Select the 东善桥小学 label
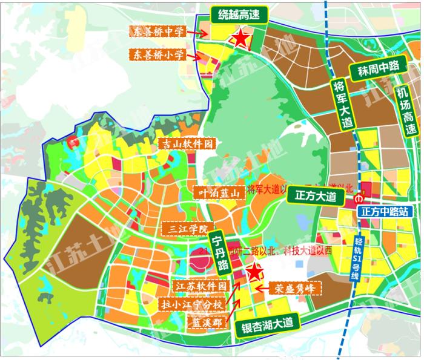159,55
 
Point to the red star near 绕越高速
240,38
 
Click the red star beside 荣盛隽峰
253,272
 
